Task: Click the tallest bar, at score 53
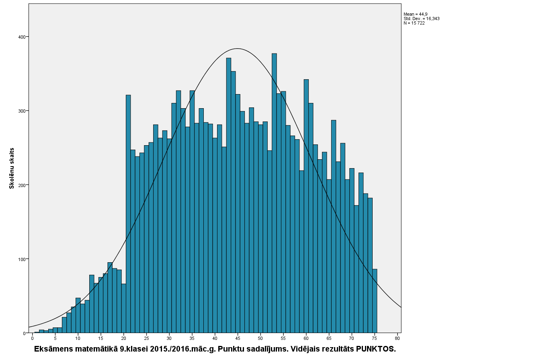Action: tap(274, 193)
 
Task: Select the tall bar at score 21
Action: tap(128, 214)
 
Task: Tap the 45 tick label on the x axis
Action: tap(238, 339)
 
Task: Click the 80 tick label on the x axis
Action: tap(398, 339)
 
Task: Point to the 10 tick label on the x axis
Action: tap(78, 339)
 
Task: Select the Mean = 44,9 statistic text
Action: tap(415, 14)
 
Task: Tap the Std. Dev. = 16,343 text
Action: tap(422, 19)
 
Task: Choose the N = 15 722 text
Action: tap(414, 23)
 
